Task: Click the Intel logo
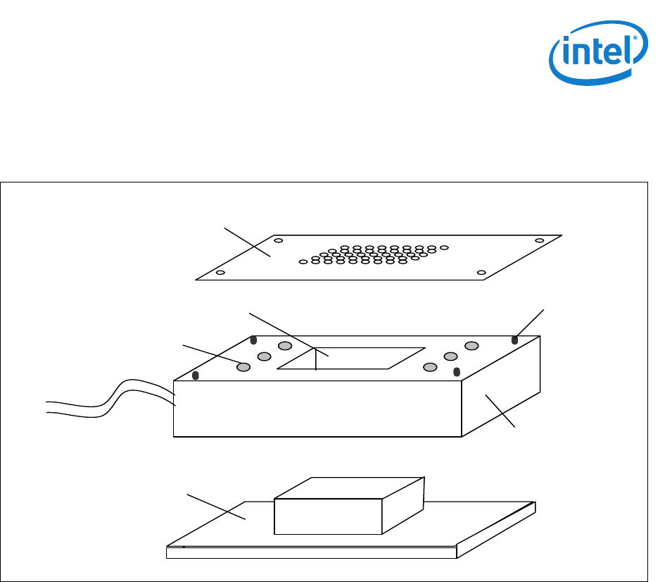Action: click(x=597, y=51)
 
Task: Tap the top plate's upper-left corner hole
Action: click(x=279, y=241)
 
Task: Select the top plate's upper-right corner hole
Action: click(x=539, y=240)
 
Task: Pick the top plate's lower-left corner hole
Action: click(x=220, y=272)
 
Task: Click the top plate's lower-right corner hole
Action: click(x=481, y=273)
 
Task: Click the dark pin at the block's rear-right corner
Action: click(x=514, y=340)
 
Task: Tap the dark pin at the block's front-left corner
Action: click(x=196, y=375)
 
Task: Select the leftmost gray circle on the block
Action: click(x=243, y=367)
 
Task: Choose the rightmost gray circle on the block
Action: click(x=471, y=345)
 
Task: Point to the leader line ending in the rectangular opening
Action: click(x=289, y=331)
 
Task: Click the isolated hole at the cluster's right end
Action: click(x=444, y=247)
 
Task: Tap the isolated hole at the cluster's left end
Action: click(x=303, y=261)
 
